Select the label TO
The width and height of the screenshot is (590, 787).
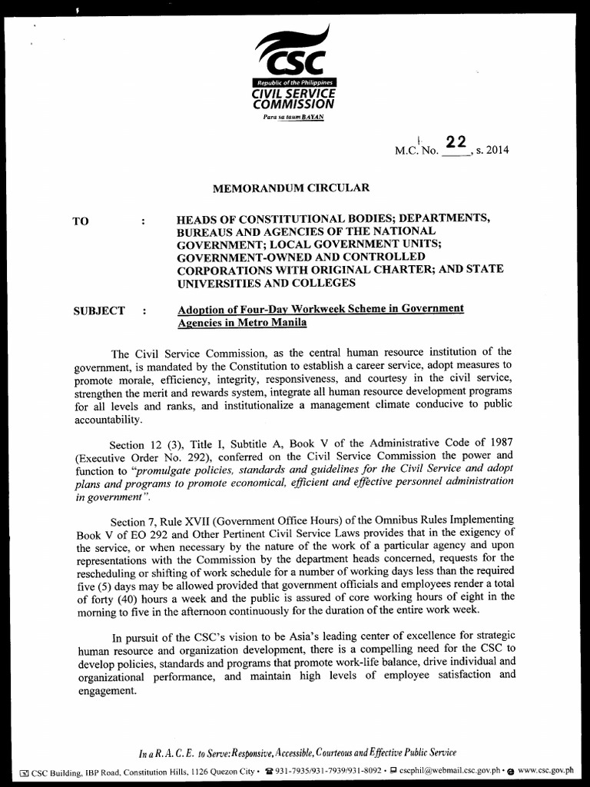pyautogui.click(x=81, y=221)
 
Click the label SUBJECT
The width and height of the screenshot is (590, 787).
pyautogui.click(x=98, y=310)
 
